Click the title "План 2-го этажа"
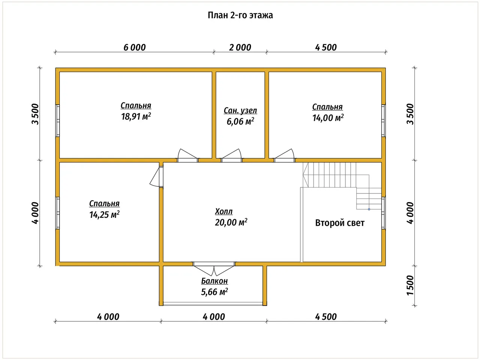(240, 15)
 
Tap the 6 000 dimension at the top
(135, 47)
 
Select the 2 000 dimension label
(240, 47)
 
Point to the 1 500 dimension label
(410, 285)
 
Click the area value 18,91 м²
(136, 117)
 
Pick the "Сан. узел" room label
(240, 111)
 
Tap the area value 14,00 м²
(328, 118)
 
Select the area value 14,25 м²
(104, 214)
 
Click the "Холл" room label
(224, 211)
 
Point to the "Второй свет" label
(340, 223)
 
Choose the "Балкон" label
(214, 281)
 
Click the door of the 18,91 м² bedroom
(187, 156)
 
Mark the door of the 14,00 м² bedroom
(284, 156)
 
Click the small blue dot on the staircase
(369, 209)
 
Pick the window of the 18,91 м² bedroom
(57, 121)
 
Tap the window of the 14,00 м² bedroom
(384, 121)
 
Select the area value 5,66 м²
(214, 292)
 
